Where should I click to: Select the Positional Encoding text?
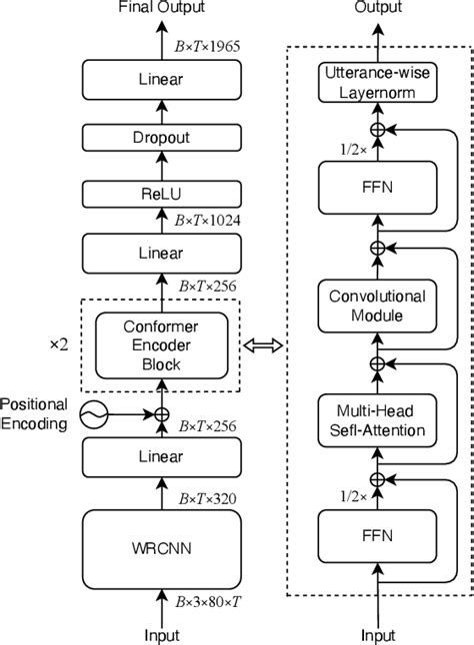pos(34,413)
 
